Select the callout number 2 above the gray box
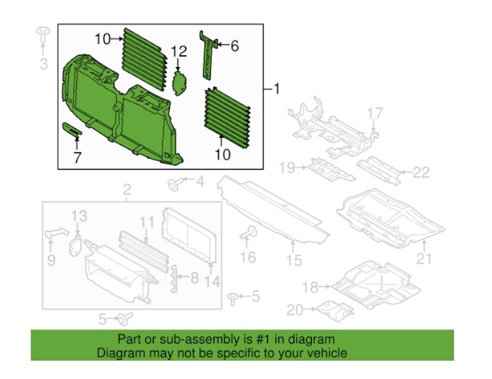click(x=127, y=190)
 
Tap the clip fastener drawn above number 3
click(x=43, y=34)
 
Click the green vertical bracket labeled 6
click(x=209, y=55)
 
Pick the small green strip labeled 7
click(x=71, y=130)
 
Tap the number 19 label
click(x=287, y=168)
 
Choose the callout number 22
click(x=421, y=173)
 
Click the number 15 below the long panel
click(x=294, y=260)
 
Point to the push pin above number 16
click(x=248, y=233)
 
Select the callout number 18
click(x=311, y=288)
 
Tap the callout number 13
click(x=80, y=217)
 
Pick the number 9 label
click(x=51, y=260)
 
